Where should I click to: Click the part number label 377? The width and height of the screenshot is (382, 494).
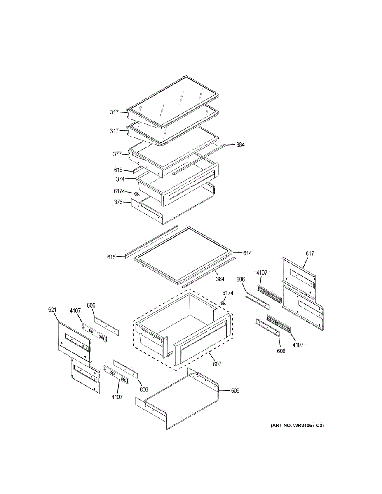[117, 154]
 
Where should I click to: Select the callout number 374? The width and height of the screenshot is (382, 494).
[120, 179]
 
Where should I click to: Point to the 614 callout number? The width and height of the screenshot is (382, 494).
[247, 253]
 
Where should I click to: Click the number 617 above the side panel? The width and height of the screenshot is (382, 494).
[309, 254]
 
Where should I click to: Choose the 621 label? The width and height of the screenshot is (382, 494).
[53, 310]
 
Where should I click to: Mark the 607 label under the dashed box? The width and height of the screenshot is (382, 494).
[217, 364]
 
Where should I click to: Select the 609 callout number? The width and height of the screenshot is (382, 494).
[234, 391]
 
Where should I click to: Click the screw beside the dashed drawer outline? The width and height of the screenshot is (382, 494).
[223, 303]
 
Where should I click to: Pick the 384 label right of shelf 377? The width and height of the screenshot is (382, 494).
[240, 145]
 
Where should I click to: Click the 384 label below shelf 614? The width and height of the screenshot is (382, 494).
[220, 279]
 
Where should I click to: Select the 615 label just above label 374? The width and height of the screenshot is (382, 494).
[118, 170]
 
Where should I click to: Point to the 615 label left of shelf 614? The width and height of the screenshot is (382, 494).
[111, 257]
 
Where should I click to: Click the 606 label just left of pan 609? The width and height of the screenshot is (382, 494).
[144, 389]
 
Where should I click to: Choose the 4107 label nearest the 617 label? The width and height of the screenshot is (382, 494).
[262, 273]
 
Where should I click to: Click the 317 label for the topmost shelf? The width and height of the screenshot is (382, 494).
[114, 112]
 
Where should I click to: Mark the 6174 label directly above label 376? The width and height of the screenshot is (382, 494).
[120, 191]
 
